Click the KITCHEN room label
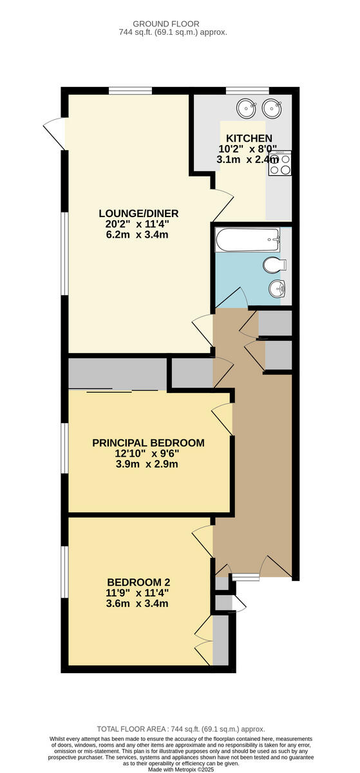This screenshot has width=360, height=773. [249, 138]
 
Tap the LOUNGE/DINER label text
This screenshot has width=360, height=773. [138, 214]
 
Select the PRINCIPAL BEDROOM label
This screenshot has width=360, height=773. [148, 443]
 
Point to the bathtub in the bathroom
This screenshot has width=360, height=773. [248, 241]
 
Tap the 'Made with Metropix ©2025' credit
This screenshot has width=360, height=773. [180, 769]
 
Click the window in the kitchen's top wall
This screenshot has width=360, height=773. [247, 90]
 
